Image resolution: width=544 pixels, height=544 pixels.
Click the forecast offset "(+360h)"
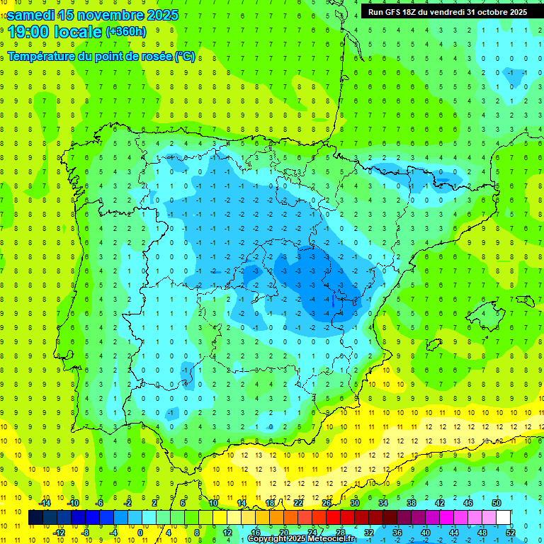pyautogui.click(x=125, y=32)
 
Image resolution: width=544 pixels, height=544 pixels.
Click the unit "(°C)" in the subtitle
pyautogui.click(x=184, y=57)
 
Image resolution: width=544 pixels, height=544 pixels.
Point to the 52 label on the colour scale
pyautogui.click(x=511, y=532)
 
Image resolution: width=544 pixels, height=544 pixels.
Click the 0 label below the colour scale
pyautogui.click(x=140, y=532)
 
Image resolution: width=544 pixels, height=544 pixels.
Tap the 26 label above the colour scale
pyautogui.click(x=327, y=503)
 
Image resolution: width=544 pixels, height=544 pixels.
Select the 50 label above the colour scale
pyautogui.click(x=496, y=503)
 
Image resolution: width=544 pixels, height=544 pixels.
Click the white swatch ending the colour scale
pyautogui.click(x=504, y=517)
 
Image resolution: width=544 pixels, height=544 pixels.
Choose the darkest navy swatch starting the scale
pyautogui.click(x=35, y=517)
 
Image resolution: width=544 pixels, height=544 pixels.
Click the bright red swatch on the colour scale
pyautogui.click(x=334, y=517)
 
